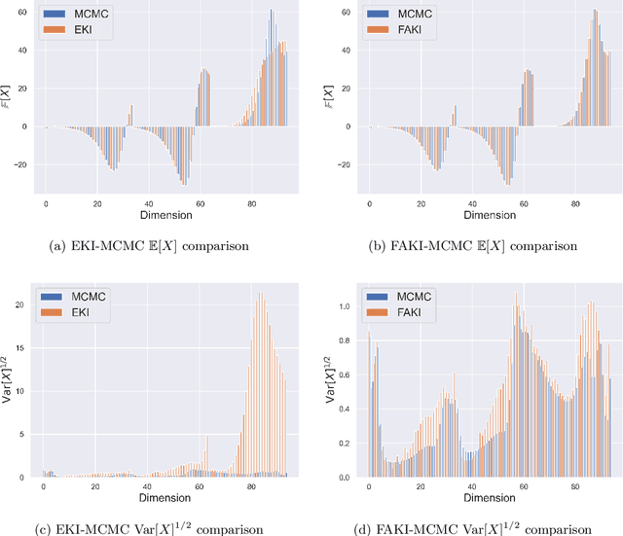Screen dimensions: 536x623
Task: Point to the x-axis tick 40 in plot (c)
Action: (x=147, y=487)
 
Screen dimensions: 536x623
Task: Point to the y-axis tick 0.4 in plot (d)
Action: (x=345, y=409)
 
